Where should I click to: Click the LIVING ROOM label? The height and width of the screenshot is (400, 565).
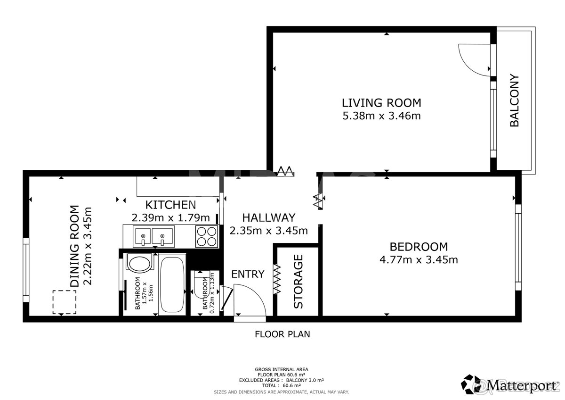(x=381, y=102)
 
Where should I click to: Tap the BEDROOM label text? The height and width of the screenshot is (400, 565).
(x=419, y=246)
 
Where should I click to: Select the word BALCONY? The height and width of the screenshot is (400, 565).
(x=514, y=100)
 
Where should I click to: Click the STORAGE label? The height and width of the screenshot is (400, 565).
(x=299, y=281)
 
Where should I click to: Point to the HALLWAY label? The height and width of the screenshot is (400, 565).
(x=268, y=217)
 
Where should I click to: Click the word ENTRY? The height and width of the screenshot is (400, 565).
(x=248, y=274)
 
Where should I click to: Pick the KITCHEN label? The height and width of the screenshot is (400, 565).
(x=170, y=205)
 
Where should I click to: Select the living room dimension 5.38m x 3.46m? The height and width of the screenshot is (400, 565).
(x=381, y=116)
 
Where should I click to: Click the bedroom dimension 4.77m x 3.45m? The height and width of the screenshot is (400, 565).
(x=419, y=259)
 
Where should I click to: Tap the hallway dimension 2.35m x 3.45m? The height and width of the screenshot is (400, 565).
(x=268, y=231)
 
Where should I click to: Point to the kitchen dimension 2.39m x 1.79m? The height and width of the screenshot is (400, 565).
(x=170, y=217)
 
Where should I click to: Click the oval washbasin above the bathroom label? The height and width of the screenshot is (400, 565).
(x=139, y=263)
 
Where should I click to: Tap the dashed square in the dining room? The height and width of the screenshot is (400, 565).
(x=65, y=302)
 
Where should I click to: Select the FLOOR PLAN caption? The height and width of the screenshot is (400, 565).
(x=282, y=334)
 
